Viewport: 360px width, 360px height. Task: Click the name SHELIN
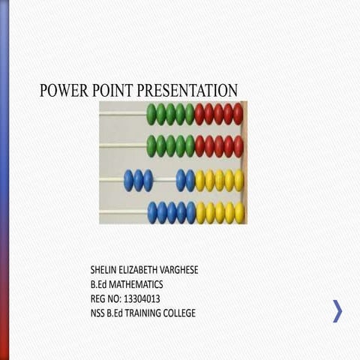[104, 268]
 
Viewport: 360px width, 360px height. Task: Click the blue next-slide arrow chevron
[337, 310]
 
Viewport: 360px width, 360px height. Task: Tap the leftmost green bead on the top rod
[151, 114]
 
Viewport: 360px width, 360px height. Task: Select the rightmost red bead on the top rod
[238, 114]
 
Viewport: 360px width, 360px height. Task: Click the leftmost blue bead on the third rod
[129, 180]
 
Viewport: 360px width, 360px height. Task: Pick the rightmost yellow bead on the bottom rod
[238, 212]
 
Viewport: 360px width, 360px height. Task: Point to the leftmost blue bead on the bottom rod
[153, 212]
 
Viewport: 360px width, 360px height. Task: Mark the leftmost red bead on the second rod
[199, 146]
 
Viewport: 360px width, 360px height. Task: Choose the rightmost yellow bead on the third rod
[238, 180]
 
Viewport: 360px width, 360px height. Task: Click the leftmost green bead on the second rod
[151, 146]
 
